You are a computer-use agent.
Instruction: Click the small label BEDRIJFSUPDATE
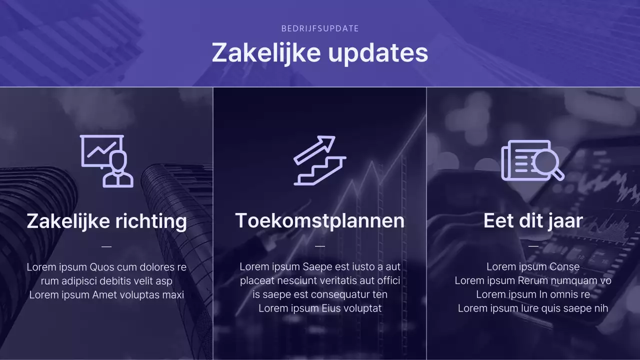pos(320,28)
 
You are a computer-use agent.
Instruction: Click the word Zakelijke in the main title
pos(263,52)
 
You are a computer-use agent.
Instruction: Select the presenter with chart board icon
pos(107,161)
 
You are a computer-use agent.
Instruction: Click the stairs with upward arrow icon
pos(320,160)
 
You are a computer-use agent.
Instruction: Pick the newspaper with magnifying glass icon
pos(532,160)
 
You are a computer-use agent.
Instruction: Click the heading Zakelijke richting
pos(106,221)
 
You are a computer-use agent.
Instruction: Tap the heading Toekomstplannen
pos(320,220)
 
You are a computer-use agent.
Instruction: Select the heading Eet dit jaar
pos(533,220)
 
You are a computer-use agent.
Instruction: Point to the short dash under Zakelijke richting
pos(106,246)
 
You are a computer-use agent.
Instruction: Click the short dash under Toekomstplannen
pos(320,246)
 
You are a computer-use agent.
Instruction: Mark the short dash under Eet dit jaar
pos(533,246)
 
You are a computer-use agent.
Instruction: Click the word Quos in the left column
pos(102,267)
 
